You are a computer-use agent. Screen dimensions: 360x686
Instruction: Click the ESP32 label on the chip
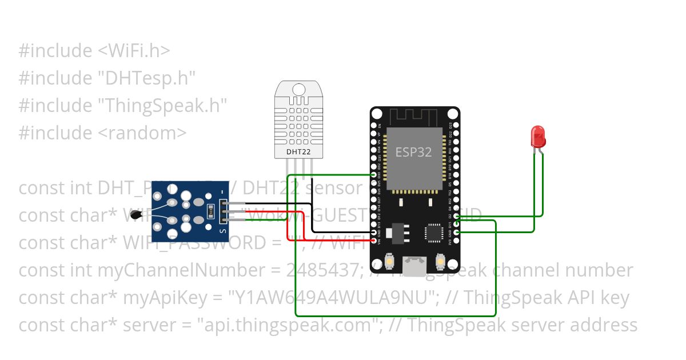click(413, 153)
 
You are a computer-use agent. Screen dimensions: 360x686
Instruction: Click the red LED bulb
click(538, 137)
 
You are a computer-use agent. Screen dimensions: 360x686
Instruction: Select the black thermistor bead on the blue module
click(135, 215)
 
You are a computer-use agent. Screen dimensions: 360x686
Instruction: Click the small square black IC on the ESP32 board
click(433, 233)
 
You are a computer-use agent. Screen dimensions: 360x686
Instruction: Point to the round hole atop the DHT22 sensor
click(299, 89)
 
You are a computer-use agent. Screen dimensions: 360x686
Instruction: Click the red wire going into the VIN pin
click(343, 241)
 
